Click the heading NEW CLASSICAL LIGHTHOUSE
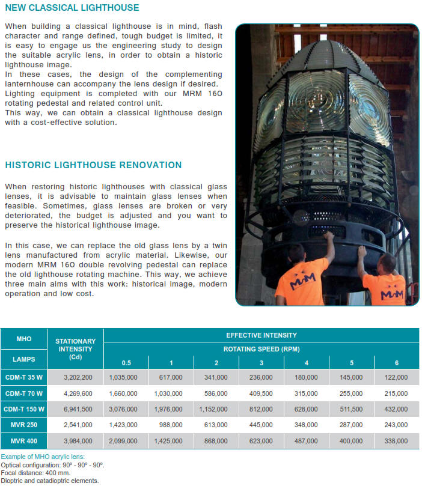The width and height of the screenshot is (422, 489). (72, 8)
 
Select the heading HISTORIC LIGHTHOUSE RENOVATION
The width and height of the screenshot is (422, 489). (93, 165)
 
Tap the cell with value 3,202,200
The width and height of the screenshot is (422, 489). (78, 377)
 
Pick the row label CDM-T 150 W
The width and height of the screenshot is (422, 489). (24, 409)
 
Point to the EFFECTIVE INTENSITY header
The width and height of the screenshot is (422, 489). (261, 335)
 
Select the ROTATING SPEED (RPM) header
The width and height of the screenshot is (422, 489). (261, 349)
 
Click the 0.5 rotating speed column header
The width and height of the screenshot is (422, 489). (126, 363)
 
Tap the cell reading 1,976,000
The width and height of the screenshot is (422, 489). (171, 410)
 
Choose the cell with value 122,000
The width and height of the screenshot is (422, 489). (396, 377)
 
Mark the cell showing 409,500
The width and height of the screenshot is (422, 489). (261, 393)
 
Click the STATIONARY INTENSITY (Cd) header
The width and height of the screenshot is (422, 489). (76, 348)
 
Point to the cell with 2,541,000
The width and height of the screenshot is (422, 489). (78, 425)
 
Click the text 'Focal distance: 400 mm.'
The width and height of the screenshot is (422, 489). (37, 473)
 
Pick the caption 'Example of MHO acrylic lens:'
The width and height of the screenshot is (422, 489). (43, 457)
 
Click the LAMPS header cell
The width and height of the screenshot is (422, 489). (24, 359)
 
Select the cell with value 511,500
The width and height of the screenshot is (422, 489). (351, 410)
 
